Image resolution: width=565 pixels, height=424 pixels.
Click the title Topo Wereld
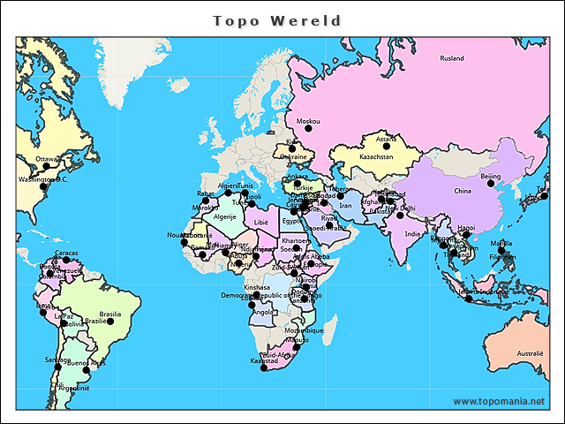click(277, 20)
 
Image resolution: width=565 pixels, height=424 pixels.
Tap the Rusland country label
click(452, 58)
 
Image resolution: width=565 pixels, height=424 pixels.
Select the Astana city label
click(386, 139)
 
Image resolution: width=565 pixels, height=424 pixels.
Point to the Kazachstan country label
click(376, 156)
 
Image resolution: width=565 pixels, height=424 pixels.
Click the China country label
click(463, 190)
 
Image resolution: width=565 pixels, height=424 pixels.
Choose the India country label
click(412, 234)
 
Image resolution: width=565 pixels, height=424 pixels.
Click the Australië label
click(530, 352)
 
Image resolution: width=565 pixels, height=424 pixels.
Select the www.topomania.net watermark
click(499, 402)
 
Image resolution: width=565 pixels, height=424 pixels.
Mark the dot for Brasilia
click(109, 322)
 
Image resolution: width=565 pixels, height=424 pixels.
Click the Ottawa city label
click(46, 160)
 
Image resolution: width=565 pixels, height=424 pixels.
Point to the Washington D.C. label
click(43, 179)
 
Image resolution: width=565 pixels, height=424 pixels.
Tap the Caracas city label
click(66, 253)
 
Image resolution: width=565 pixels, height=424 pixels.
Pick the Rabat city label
click(206, 193)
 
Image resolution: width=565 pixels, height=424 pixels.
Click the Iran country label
click(345, 205)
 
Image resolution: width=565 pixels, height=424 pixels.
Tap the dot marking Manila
click(501, 251)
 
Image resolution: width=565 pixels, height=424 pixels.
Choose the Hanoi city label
click(466, 227)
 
